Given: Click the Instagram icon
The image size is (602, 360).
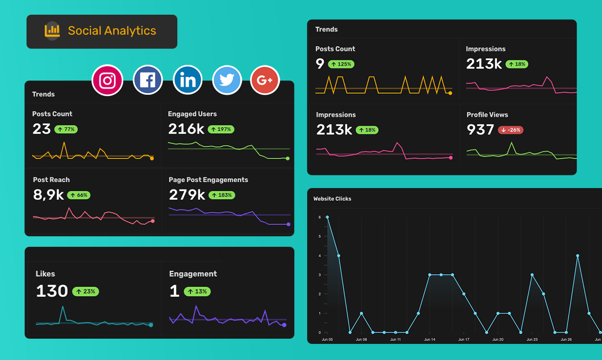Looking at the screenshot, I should point(108,81).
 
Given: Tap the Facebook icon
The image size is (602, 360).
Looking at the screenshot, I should point(147,81).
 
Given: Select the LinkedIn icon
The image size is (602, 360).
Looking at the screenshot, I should point(188,81).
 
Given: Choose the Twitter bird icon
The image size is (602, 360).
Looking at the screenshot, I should point(227,81).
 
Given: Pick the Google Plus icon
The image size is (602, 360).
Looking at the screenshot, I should point(265,81).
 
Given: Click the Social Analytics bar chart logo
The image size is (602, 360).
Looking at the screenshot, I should point(52,31).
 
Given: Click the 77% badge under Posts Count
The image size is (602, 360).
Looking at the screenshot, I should point(66,129).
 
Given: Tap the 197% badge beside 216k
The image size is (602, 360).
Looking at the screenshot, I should point(221,129).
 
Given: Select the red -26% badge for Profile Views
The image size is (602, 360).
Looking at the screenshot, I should point(511,130).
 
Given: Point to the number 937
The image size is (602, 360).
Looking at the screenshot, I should point(480,129).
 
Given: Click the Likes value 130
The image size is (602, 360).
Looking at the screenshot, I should point(52,291).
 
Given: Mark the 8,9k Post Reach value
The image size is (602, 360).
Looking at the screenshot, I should point(48,195).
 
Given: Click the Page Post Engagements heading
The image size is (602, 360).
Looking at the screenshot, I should point(208,180).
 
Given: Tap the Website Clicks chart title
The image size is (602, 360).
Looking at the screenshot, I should point(332,199).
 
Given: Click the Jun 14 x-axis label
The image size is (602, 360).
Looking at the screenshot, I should point(429,340).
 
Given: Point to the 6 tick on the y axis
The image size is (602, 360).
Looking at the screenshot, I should point(320,217).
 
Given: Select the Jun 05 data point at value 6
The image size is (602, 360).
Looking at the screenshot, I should point(327,217).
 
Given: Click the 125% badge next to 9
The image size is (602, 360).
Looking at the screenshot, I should point(341,64).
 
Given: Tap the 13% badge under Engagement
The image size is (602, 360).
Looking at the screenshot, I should point(197,291).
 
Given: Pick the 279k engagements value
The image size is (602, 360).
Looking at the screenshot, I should point(187,195).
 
